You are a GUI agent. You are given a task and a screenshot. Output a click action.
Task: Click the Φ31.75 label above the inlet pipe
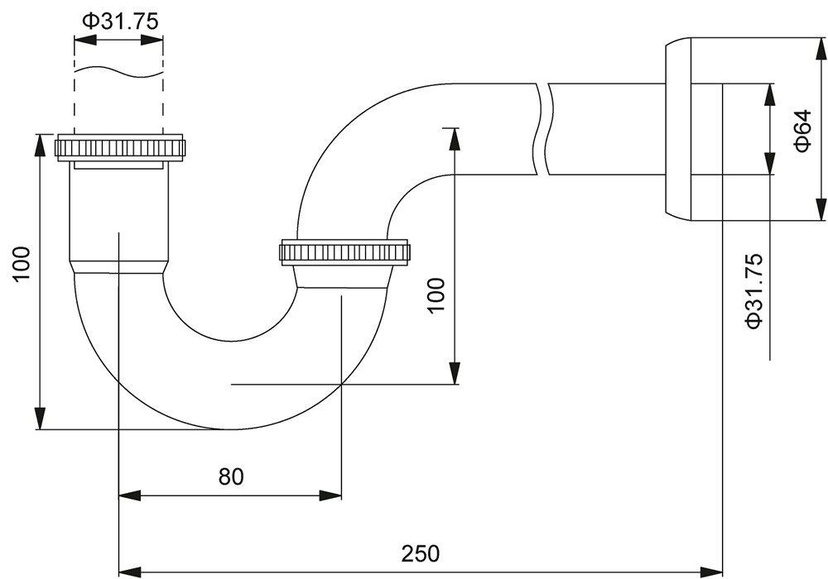[x=120, y=22]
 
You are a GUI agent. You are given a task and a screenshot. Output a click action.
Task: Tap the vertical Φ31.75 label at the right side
[x=754, y=291]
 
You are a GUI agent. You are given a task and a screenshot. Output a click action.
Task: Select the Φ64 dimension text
[x=802, y=131]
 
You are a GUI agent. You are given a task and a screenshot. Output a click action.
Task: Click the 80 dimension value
[x=231, y=476]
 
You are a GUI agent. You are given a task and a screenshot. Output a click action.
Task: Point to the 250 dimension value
[x=421, y=553]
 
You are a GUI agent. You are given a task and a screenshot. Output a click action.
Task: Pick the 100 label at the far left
[x=22, y=264]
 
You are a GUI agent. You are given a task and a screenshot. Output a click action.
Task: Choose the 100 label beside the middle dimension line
[x=436, y=296]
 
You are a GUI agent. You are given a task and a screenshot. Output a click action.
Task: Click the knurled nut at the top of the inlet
[x=121, y=147]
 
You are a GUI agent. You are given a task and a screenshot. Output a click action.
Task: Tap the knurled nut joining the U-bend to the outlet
[x=344, y=252]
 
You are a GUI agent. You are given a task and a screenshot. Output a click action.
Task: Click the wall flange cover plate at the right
[x=677, y=129]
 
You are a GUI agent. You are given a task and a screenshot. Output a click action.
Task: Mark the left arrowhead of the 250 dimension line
[x=130, y=572]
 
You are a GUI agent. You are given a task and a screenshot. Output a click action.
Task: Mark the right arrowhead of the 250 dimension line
[x=711, y=572]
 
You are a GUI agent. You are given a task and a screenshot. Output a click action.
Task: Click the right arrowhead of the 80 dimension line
[x=330, y=495]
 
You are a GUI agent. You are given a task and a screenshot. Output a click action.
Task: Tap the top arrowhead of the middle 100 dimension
[x=454, y=139]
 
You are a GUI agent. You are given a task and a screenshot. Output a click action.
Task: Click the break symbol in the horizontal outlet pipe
[x=544, y=129]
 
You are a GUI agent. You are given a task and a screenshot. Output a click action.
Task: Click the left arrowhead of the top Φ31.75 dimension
[x=85, y=40]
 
